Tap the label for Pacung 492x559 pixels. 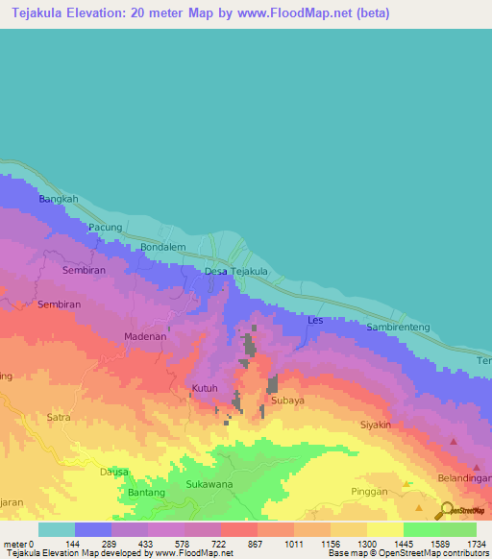pos(105,228)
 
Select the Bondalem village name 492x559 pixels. pos(162,247)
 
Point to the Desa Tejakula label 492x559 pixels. pos(235,272)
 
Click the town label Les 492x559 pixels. pos(314,320)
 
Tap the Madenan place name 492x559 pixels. pos(146,337)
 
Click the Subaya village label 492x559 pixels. pos(287,400)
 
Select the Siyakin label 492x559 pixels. pos(376,424)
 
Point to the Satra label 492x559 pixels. pos(60,417)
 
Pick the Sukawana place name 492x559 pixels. pos(209,484)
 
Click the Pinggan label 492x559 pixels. pos(369,491)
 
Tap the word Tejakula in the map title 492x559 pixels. pos(41,12)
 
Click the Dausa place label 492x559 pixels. pos(114,472)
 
